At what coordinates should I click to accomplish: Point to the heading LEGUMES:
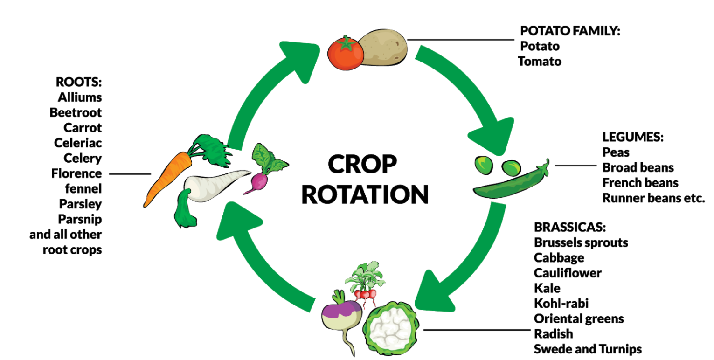click(x=632, y=137)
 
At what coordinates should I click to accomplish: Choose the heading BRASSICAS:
click(x=570, y=228)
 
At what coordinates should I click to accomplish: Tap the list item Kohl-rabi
click(x=561, y=304)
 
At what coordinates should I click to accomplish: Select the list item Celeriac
click(x=78, y=143)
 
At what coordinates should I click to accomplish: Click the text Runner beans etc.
click(x=653, y=197)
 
